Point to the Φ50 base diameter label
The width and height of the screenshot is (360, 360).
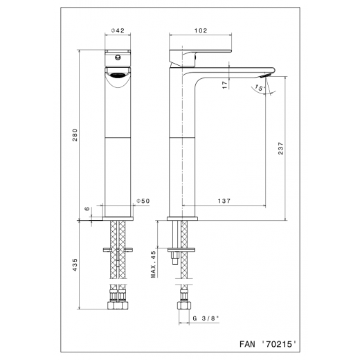tap(144, 201)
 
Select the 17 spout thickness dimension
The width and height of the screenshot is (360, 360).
tap(224, 82)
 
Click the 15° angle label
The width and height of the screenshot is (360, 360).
tap(257, 89)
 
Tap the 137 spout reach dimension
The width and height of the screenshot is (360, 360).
tap(223, 201)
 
